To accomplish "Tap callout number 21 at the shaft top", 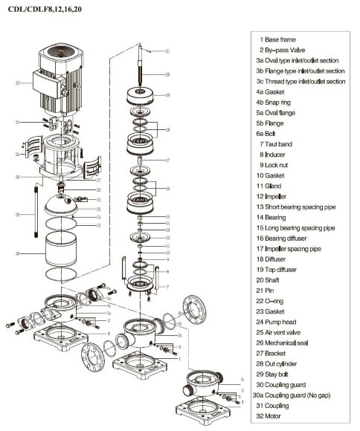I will point(167,51).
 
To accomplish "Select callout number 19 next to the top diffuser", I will point(167,95).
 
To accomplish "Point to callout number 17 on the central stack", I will point(167,160).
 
